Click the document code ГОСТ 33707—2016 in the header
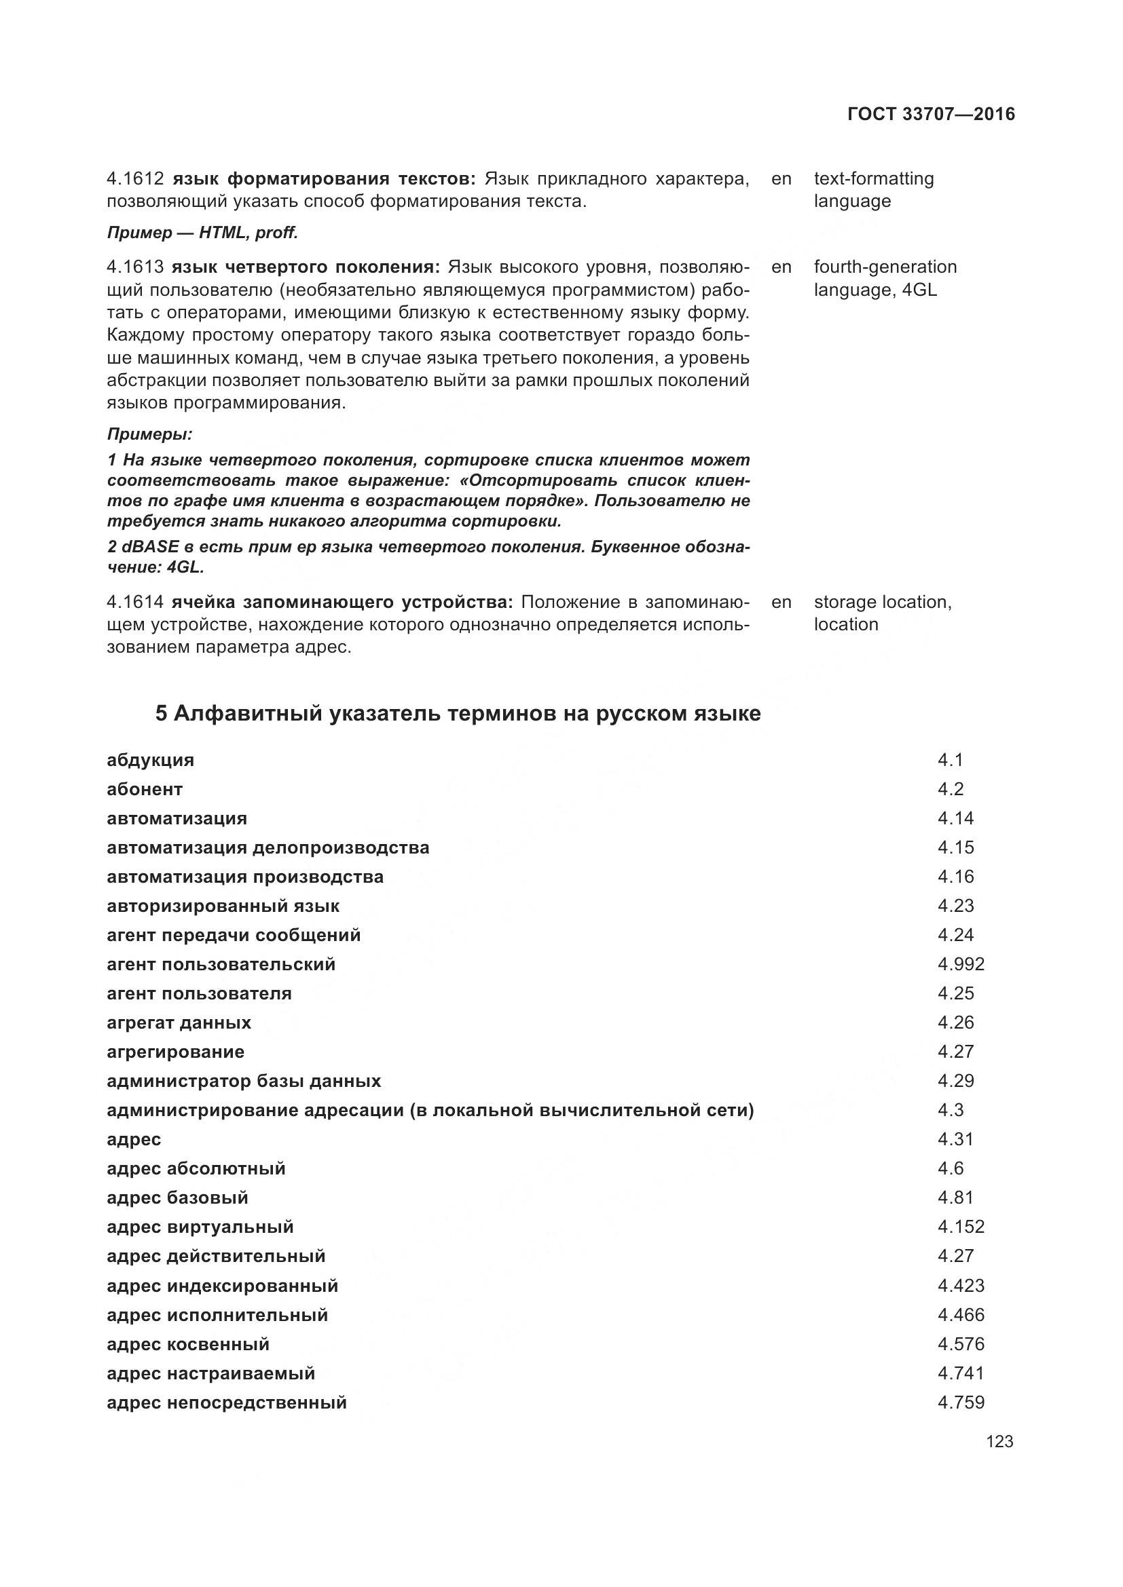coord(931,114)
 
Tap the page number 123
coord(999,1441)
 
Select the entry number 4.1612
coord(135,179)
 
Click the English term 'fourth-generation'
coord(885,267)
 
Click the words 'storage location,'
coord(883,602)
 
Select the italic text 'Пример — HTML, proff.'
coord(202,233)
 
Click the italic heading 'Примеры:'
coord(149,435)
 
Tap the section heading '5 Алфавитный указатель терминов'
coord(457,713)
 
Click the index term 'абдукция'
coord(150,761)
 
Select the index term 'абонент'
coord(145,789)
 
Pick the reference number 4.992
coord(961,964)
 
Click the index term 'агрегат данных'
coord(179,1022)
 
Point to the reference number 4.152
coord(961,1227)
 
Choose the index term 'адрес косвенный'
coord(188,1344)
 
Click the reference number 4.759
coord(961,1402)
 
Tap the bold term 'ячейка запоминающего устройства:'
coord(342,602)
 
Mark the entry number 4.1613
coord(135,267)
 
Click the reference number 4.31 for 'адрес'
coord(955,1139)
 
